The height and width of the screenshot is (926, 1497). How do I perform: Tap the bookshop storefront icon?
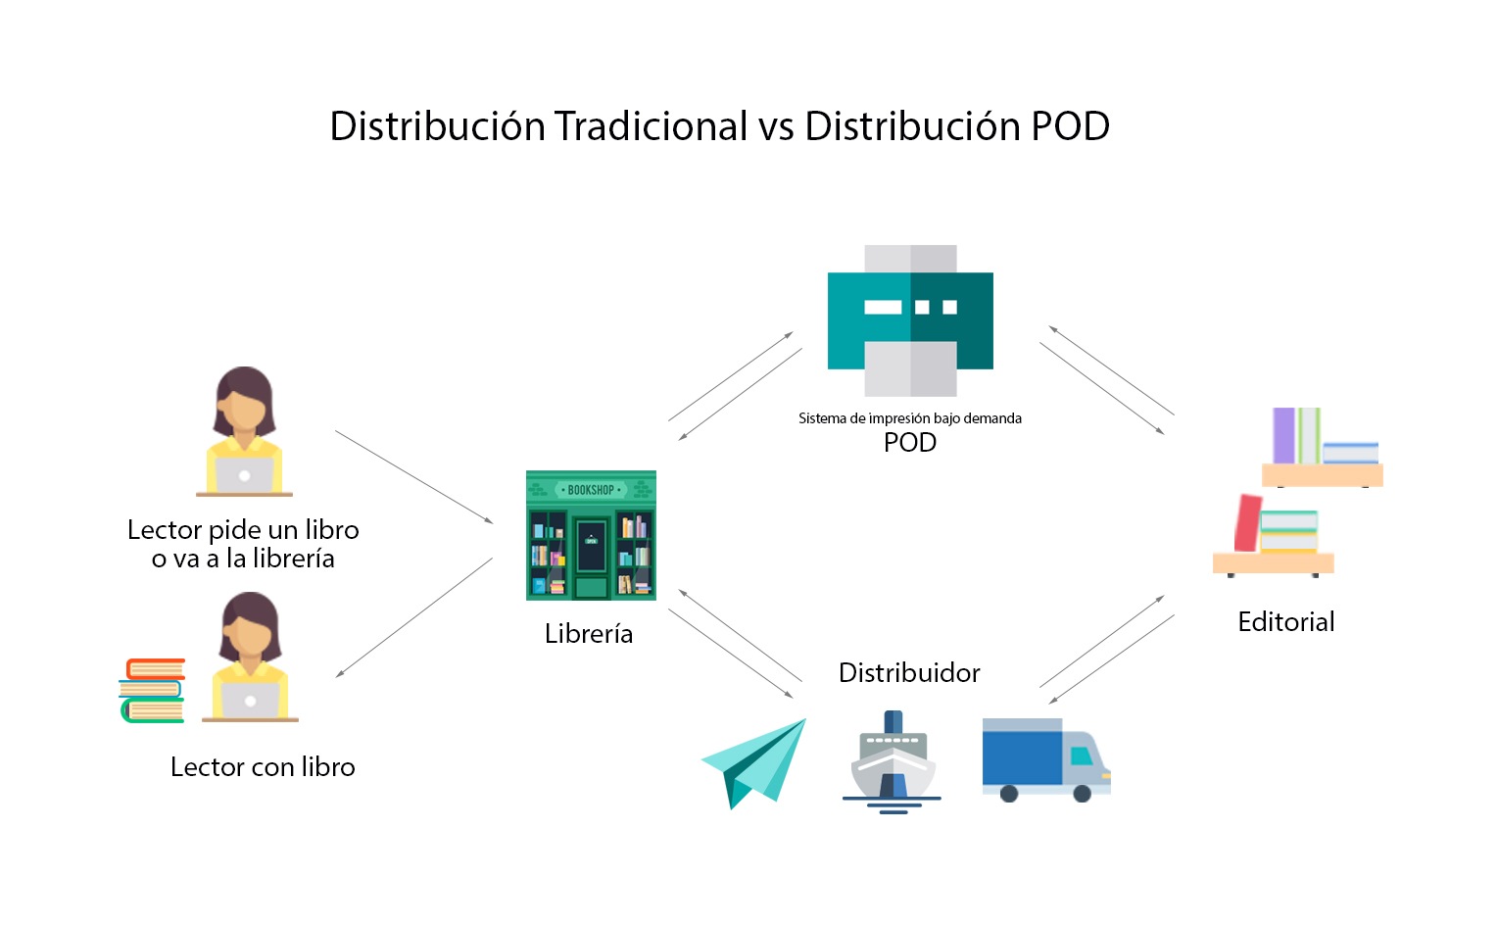pos(591,535)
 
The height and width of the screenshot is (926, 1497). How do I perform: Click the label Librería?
pos(589,634)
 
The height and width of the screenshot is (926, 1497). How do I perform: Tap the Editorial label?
pos(1285,622)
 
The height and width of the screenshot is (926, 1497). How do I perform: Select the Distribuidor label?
pos(908,673)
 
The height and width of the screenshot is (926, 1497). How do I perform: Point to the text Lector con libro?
pos(263,767)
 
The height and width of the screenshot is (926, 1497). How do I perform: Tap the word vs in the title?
pos(776,126)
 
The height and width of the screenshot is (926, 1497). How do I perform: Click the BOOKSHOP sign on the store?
pos(591,490)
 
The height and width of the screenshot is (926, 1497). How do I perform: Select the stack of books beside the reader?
pos(153,691)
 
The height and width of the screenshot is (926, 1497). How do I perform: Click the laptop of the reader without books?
pos(243,476)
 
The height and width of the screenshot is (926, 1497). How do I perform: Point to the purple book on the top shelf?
pos(1283,435)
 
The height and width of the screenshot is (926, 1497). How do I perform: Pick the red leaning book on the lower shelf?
pos(1247,523)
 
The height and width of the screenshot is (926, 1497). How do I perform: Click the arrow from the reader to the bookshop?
pos(413,476)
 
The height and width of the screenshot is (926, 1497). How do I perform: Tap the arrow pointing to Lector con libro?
pos(413,617)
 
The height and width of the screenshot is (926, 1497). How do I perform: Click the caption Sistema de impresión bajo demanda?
pos(909,418)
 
